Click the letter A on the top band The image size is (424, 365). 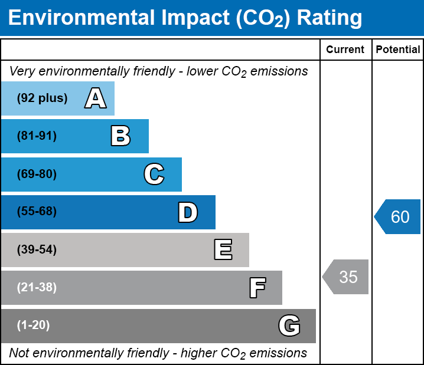click(95, 98)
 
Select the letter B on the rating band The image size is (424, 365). click(120, 136)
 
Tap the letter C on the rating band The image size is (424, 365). click(154, 175)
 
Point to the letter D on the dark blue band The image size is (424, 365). click(188, 212)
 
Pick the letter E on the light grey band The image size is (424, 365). click(223, 250)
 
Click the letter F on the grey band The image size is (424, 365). click(257, 288)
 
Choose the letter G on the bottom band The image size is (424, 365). click(289, 325)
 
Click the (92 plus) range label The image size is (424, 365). click(42, 98)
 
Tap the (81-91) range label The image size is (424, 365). click(37, 136)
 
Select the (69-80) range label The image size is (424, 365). click(37, 175)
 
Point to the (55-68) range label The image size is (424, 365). click(37, 212)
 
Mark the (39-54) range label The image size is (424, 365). click(37, 250)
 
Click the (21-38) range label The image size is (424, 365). click(37, 288)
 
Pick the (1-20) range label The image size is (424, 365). click(34, 325)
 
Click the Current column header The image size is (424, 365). click(345, 50)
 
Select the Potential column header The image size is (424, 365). click(398, 50)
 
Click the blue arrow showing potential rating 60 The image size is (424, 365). click(398, 217)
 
